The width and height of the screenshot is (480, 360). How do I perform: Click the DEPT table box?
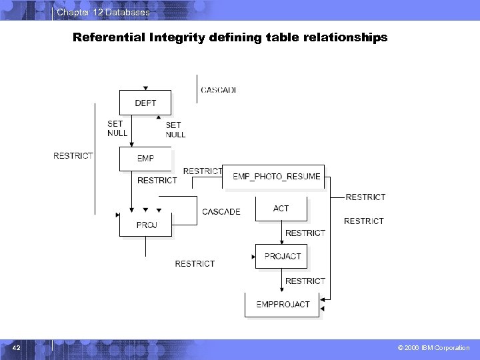click(x=145, y=103)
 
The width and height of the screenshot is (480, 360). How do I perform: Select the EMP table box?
click(x=145, y=159)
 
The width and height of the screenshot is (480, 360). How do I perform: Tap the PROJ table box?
click(x=146, y=225)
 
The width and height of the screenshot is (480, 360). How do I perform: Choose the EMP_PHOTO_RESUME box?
click(x=276, y=177)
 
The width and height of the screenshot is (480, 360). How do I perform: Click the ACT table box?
click(x=281, y=209)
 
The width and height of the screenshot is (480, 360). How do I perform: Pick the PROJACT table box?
click(x=283, y=256)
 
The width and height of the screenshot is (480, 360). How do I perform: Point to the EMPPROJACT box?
click(x=283, y=304)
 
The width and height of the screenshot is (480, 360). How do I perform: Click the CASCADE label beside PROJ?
click(x=221, y=212)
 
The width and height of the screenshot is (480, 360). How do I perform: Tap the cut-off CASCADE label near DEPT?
click(x=219, y=90)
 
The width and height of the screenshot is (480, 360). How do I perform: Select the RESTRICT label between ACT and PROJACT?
click(x=305, y=233)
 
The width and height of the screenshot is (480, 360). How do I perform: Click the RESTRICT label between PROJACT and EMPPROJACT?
click(x=305, y=281)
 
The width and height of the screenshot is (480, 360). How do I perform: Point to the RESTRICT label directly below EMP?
click(x=157, y=180)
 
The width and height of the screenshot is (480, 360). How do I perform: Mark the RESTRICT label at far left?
click(x=73, y=155)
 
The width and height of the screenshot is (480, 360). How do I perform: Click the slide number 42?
click(x=17, y=347)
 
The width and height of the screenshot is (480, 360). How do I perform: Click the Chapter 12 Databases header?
click(x=103, y=13)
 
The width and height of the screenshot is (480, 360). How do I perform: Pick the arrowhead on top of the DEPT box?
click(x=146, y=88)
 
